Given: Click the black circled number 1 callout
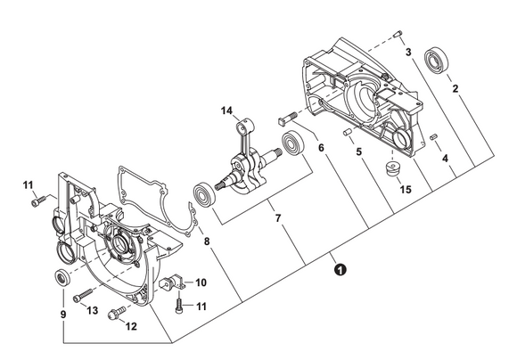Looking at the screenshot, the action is [340, 269].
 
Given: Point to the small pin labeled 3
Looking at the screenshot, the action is [398, 33].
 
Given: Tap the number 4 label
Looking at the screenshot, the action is [445, 159].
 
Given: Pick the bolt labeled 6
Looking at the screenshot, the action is [288, 119].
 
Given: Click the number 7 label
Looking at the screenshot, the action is [278, 218].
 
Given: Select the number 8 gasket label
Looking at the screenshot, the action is [207, 241].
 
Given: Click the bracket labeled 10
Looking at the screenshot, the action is [173, 282].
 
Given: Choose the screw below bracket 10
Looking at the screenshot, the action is [178, 306].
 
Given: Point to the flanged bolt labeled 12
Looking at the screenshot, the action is [117, 312].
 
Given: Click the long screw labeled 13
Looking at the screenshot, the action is [84, 294].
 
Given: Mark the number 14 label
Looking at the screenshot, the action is [226, 110].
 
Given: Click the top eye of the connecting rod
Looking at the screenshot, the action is [246, 127].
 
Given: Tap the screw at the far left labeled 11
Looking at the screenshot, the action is [39, 201].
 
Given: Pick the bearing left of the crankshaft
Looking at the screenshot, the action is [204, 195].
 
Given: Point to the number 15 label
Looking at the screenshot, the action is [406, 190].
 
